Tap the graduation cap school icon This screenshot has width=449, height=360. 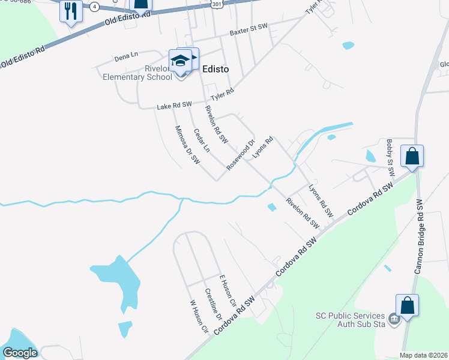[x=180, y=61]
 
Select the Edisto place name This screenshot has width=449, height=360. [x=215, y=69]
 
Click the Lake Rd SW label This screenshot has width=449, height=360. [x=174, y=106]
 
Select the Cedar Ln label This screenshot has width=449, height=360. [x=201, y=139]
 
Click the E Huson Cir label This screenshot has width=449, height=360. [x=228, y=287]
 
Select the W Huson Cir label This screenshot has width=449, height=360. [x=199, y=316]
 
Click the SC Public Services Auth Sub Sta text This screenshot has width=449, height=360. [x=351, y=320]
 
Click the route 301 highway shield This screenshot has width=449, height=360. [x=217, y=4]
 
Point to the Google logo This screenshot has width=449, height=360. [x=20, y=353]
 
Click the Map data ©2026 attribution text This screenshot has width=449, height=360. [x=423, y=355]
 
